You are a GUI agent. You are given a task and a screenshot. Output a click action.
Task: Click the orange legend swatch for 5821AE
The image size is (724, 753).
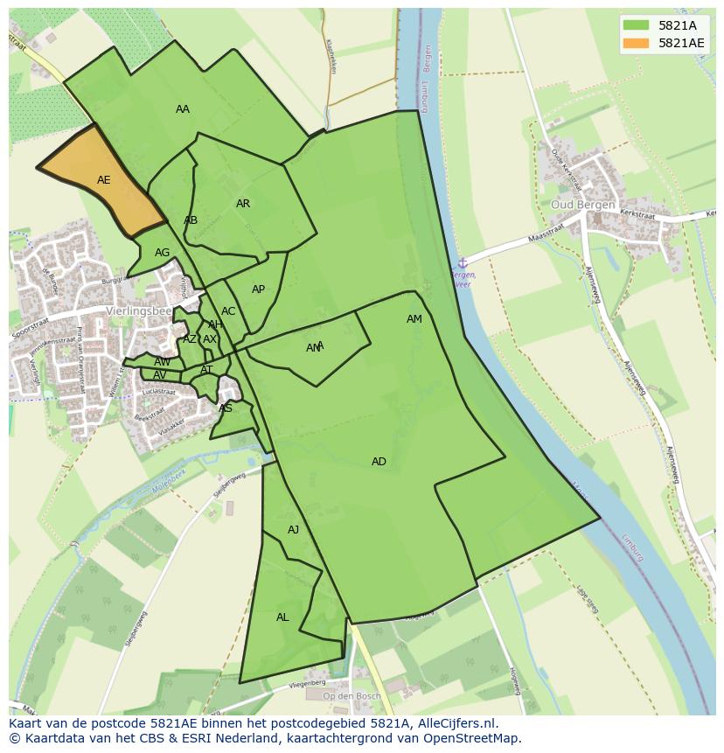point(636,43)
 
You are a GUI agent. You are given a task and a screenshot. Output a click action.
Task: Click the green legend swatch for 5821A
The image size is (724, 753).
point(636,25)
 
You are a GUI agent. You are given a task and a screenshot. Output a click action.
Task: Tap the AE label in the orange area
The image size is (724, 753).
point(104,180)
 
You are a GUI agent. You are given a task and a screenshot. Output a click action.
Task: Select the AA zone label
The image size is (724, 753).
point(183,109)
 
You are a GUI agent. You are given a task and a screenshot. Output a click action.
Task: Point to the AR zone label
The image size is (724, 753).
point(243,204)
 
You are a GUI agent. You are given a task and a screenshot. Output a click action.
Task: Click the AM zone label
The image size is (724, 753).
point(414,319)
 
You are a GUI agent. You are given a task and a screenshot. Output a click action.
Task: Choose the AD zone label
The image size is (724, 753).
point(379,462)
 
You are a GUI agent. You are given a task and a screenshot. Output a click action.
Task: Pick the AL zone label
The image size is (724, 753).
point(282,617)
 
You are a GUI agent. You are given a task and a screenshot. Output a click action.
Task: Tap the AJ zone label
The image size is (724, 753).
point(294,530)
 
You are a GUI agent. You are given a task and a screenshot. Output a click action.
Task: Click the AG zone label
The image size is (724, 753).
point(163,253)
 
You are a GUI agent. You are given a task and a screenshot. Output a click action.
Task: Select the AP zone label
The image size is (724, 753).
point(258,289)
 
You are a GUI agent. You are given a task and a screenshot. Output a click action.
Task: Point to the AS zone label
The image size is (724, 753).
point(226,408)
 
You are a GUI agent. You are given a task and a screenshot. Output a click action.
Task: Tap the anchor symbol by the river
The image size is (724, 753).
point(463,262)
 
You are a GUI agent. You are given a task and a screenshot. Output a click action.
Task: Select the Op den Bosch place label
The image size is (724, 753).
point(352,696)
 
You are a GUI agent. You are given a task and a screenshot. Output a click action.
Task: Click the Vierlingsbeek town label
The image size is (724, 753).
point(138,310)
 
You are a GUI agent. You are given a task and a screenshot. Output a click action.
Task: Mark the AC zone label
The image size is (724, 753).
point(228,311)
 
